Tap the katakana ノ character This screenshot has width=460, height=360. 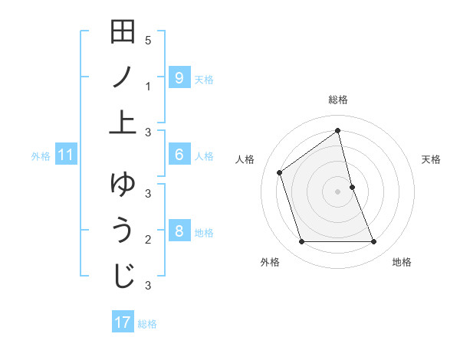[123, 77]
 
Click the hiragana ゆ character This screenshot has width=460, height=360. [123, 186]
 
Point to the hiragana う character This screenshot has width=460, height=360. [123, 231]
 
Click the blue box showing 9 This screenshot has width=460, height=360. [179, 77]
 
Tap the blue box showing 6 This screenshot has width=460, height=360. [179, 155]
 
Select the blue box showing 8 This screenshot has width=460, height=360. [179, 231]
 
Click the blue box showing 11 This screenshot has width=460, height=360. [66, 155]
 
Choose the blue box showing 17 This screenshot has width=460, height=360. [123, 322]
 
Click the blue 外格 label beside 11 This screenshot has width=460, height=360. [41, 156]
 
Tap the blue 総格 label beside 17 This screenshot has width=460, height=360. [147, 324]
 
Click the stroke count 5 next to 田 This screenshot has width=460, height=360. [147, 40]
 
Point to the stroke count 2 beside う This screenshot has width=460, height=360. [147, 240]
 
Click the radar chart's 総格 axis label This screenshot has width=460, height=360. [338, 100]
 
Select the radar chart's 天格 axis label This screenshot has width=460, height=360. [432, 159]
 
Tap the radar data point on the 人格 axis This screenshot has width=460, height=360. [280, 172]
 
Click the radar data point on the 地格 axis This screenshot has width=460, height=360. [374, 242]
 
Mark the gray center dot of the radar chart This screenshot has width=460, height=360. [338, 191]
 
